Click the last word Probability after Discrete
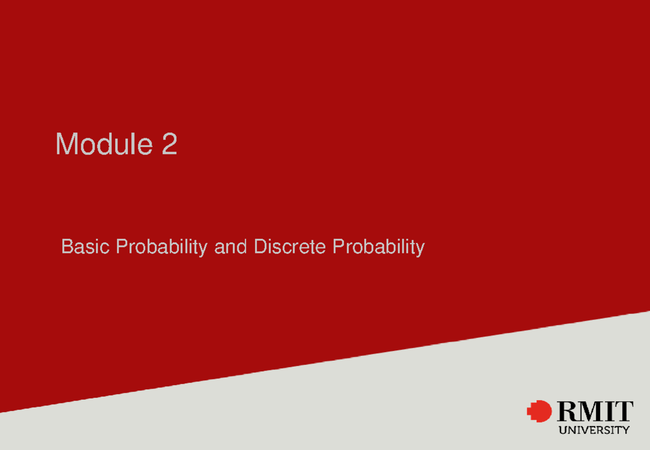tap(378, 247)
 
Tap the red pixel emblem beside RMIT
tap(539, 412)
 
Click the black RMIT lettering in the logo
tap(594, 412)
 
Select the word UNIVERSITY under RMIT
tap(594, 431)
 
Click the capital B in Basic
tap(67, 247)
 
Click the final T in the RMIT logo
tap(623, 412)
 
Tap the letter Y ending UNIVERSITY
tap(626, 431)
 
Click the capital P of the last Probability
tap(337, 247)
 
